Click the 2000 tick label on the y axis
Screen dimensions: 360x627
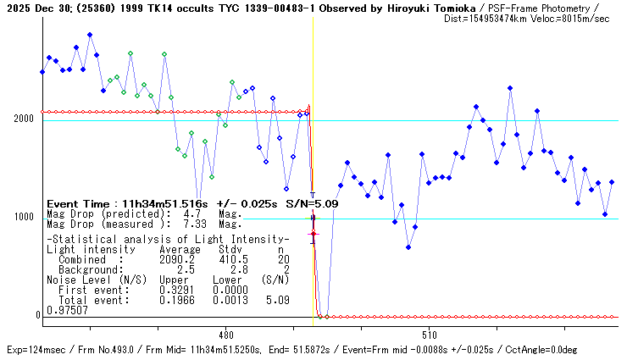[x=22, y=119]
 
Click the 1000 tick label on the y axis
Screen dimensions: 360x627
[x=22, y=217]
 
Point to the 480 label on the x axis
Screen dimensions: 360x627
[x=225, y=334]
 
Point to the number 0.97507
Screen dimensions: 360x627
[x=64, y=311]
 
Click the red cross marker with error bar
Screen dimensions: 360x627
[x=313, y=234]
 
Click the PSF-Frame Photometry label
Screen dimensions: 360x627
[x=530, y=7]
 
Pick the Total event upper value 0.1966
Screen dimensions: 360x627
[x=176, y=299]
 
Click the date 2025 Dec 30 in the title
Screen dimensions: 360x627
[x=35, y=7]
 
